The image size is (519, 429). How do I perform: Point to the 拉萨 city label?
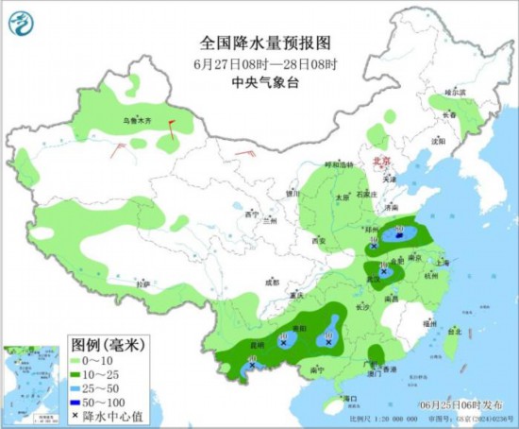(142, 283)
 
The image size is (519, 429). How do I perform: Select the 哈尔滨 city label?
(457, 93)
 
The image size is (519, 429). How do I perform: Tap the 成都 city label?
(272, 282)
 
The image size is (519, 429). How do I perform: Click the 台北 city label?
(454, 332)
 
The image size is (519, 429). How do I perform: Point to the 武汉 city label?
(374, 280)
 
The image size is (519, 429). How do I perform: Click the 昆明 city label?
(260, 347)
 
